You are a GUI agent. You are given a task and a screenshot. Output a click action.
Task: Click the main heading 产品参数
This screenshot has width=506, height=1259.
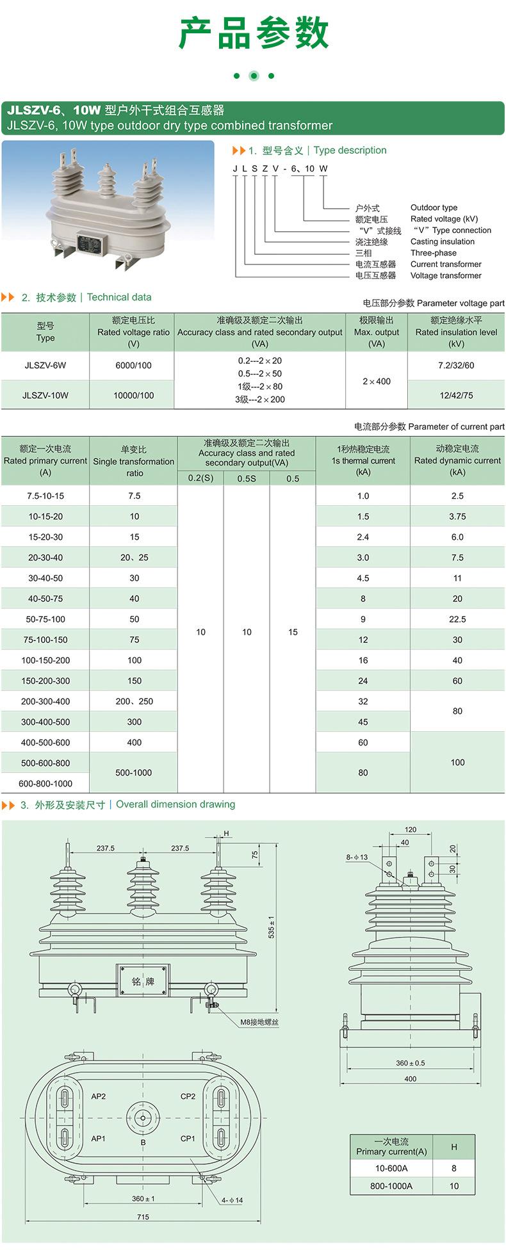253,34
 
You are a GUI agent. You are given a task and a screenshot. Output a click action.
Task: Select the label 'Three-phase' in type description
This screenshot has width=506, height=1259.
433,253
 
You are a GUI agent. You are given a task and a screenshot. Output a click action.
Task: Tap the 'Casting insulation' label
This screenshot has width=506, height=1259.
442,241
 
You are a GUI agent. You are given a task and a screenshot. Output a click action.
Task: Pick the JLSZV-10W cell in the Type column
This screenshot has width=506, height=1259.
45,395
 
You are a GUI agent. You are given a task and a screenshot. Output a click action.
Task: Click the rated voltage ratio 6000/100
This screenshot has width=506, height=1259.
133,366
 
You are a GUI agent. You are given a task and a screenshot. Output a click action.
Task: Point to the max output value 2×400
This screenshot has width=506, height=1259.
376,381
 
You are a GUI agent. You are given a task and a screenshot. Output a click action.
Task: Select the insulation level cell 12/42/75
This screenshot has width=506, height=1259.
456,395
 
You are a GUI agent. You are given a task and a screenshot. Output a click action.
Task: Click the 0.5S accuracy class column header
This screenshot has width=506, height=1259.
247,478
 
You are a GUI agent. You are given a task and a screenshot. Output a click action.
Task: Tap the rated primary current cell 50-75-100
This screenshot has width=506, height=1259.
45,619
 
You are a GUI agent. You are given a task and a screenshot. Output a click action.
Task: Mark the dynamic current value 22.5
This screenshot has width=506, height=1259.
457,619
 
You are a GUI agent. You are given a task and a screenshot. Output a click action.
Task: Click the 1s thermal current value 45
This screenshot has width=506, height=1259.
363,722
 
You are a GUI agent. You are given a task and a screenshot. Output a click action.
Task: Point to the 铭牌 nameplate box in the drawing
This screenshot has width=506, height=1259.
143,982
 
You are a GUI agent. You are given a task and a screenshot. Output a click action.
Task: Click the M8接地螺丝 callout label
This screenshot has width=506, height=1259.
259,1022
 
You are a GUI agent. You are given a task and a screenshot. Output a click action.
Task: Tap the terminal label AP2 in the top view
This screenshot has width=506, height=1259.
98,1096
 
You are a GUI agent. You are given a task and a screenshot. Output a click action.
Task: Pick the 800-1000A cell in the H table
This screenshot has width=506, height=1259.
391,1185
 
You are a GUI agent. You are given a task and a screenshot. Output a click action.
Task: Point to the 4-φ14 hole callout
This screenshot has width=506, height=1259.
232,1200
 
